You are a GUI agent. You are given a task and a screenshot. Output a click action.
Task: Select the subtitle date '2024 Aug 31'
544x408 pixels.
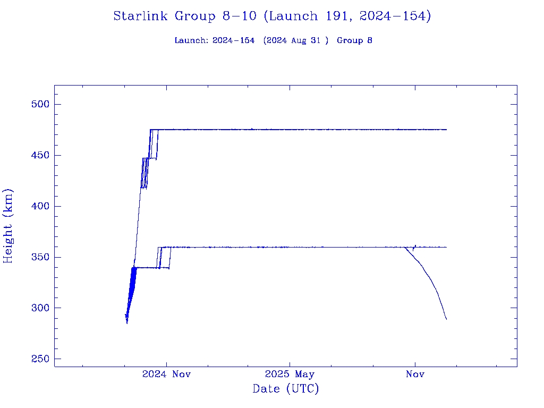(294, 41)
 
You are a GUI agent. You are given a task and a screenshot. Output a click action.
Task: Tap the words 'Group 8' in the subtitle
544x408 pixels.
(354, 41)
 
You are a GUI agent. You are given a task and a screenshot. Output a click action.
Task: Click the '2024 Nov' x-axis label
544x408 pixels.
(166, 375)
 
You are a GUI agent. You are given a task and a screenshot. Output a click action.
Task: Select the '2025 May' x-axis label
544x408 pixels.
(290, 375)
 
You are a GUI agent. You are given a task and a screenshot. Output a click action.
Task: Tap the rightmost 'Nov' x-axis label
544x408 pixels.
(415, 375)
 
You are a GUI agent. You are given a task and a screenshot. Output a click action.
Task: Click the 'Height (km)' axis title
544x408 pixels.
(8, 226)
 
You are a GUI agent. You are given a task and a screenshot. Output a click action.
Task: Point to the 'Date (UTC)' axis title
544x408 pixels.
(286, 389)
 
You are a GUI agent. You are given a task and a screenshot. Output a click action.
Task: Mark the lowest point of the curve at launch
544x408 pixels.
(127, 322)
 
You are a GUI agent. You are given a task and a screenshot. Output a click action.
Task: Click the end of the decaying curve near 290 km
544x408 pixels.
(446, 319)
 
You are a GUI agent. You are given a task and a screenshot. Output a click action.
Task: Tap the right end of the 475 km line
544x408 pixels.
(446, 130)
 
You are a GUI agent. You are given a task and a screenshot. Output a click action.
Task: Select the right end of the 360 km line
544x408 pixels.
(446, 247)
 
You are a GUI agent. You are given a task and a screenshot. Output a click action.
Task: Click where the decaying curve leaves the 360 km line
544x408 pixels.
(405, 248)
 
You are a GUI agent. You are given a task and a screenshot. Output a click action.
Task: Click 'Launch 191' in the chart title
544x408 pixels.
(309, 16)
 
